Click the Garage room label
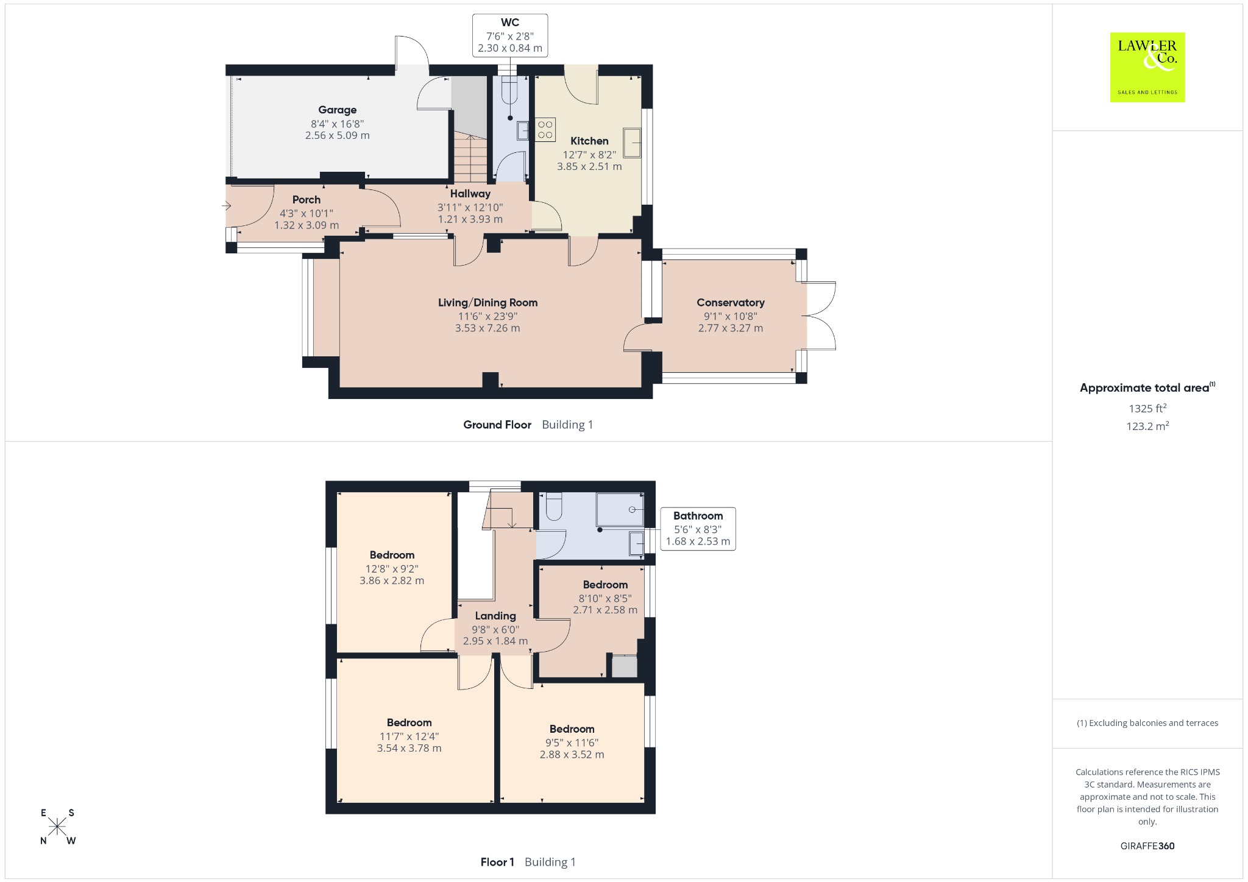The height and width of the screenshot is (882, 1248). pyautogui.click(x=337, y=110)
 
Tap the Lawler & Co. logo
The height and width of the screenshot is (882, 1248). pyautogui.click(x=1147, y=67)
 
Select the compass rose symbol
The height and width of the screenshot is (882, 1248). pyautogui.click(x=57, y=827)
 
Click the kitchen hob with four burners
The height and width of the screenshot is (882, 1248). pyautogui.click(x=545, y=130)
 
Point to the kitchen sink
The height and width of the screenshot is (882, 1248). pyautogui.click(x=632, y=143)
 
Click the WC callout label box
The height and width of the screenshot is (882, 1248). pyautogui.click(x=510, y=36)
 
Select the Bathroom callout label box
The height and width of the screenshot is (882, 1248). pyautogui.click(x=698, y=529)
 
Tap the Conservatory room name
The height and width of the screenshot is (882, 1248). pyautogui.click(x=730, y=303)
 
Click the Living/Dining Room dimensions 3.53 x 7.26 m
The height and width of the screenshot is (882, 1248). pyautogui.click(x=487, y=328)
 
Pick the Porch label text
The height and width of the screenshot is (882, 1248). pyautogui.click(x=306, y=200)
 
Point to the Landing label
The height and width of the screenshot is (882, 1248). pyautogui.click(x=495, y=616)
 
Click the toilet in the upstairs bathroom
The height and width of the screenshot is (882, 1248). pyautogui.click(x=553, y=506)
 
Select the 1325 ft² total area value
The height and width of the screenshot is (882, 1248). pyautogui.click(x=1147, y=408)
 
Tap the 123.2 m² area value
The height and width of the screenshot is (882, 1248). pyautogui.click(x=1147, y=426)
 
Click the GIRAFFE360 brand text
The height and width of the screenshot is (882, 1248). pyautogui.click(x=1147, y=845)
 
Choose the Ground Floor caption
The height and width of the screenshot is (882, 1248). pyautogui.click(x=497, y=425)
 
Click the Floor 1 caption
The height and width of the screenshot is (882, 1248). pyautogui.click(x=497, y=862)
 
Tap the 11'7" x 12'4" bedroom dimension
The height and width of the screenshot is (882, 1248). pyautogui.click(x=409, y=736)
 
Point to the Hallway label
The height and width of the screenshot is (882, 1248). pyautogui.click(x=470, y=194)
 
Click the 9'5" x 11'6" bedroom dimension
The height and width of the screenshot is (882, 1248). pyautogui.click(x=572, y=743)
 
